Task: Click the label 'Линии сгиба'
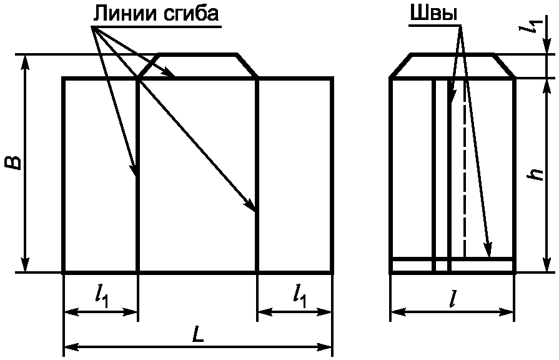click(156, 13)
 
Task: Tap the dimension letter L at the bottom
click(197, 336)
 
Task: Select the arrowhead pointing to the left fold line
click(134, 171)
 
